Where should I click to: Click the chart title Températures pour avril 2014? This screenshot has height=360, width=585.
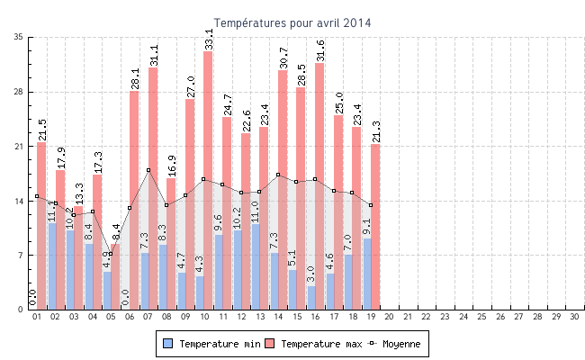pos(292,22)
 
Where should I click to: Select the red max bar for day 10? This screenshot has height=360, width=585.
pos(208,180)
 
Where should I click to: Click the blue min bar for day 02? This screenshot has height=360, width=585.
pos(51,266)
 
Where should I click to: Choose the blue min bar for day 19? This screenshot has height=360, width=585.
pos(366,274)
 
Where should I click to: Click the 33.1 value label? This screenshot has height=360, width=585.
pos(209,39)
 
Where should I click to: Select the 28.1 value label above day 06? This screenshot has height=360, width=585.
pos(135,78)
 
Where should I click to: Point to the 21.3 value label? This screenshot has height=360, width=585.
pos(375,131)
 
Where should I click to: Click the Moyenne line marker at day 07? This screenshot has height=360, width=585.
pos(148,170)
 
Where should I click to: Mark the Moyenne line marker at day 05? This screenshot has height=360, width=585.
pos(112,254)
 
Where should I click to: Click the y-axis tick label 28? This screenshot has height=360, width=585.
pos(19,92)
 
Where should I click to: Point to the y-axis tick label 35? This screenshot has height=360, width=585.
pos(19,37)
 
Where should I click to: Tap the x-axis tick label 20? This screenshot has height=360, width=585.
pos(389,317)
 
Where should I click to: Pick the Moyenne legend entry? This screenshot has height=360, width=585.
pos(396,344)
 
